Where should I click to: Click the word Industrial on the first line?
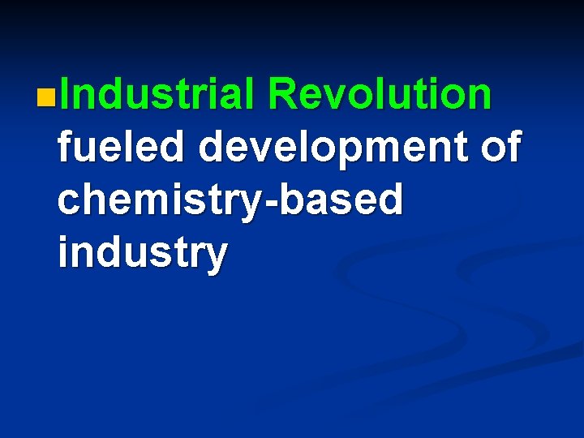pyautogui.click(x=157, y=94)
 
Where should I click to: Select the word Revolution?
pyautogui.click(x=380, y=94)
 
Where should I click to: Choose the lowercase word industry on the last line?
pyautogui.click(x=142, y=253)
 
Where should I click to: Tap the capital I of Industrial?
pyautogui.click(x=63, y=94)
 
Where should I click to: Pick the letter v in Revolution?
pyautogui.click(x=330, y=96)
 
